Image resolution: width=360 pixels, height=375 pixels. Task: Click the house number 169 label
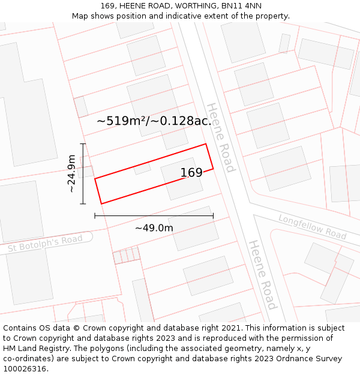[191, 173]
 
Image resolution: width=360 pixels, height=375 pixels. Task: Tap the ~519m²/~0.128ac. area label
[154, 121]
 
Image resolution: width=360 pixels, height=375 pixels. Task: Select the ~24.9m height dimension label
[71, 173]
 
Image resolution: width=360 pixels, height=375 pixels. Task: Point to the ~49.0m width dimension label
[154, 228]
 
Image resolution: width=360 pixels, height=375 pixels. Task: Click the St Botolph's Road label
[45, 244]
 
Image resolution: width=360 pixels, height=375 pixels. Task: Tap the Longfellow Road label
[312, 226]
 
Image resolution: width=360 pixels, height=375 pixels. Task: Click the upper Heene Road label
[220, 137]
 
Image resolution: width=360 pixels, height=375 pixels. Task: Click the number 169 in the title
[108, 6]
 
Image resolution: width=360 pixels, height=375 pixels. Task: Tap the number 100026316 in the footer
[24, 369]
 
